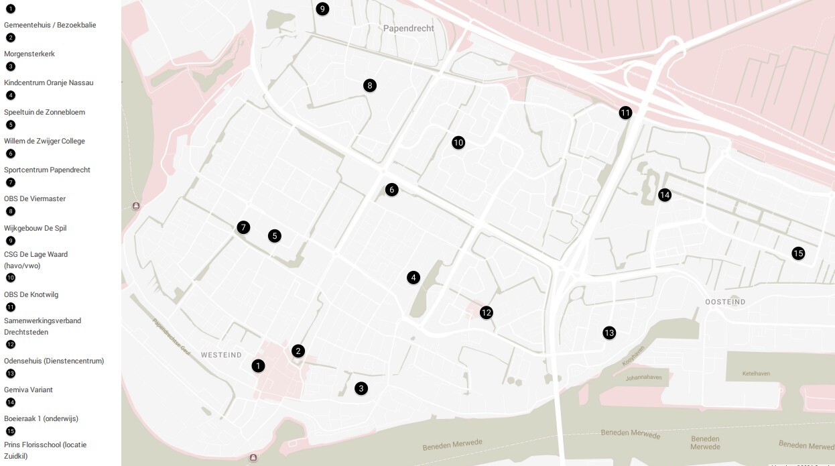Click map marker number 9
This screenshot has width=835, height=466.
322,9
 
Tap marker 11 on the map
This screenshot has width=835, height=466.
625,113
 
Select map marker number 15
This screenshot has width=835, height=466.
797,253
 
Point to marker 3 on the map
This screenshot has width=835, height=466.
361,388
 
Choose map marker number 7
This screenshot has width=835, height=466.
243,227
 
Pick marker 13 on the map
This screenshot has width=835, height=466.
608,333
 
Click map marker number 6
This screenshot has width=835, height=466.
392,190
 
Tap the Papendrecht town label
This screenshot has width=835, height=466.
409,29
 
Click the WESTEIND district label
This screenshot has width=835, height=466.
220,355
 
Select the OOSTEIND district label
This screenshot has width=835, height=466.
725,302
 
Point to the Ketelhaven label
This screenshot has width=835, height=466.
758,373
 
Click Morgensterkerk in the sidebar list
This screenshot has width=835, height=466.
29,54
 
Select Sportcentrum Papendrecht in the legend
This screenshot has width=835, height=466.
47,170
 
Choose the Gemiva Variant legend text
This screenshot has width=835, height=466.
28,390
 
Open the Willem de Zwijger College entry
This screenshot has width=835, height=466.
44,141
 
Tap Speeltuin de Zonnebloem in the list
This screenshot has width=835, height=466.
44,112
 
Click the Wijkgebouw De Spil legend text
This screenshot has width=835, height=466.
36,228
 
